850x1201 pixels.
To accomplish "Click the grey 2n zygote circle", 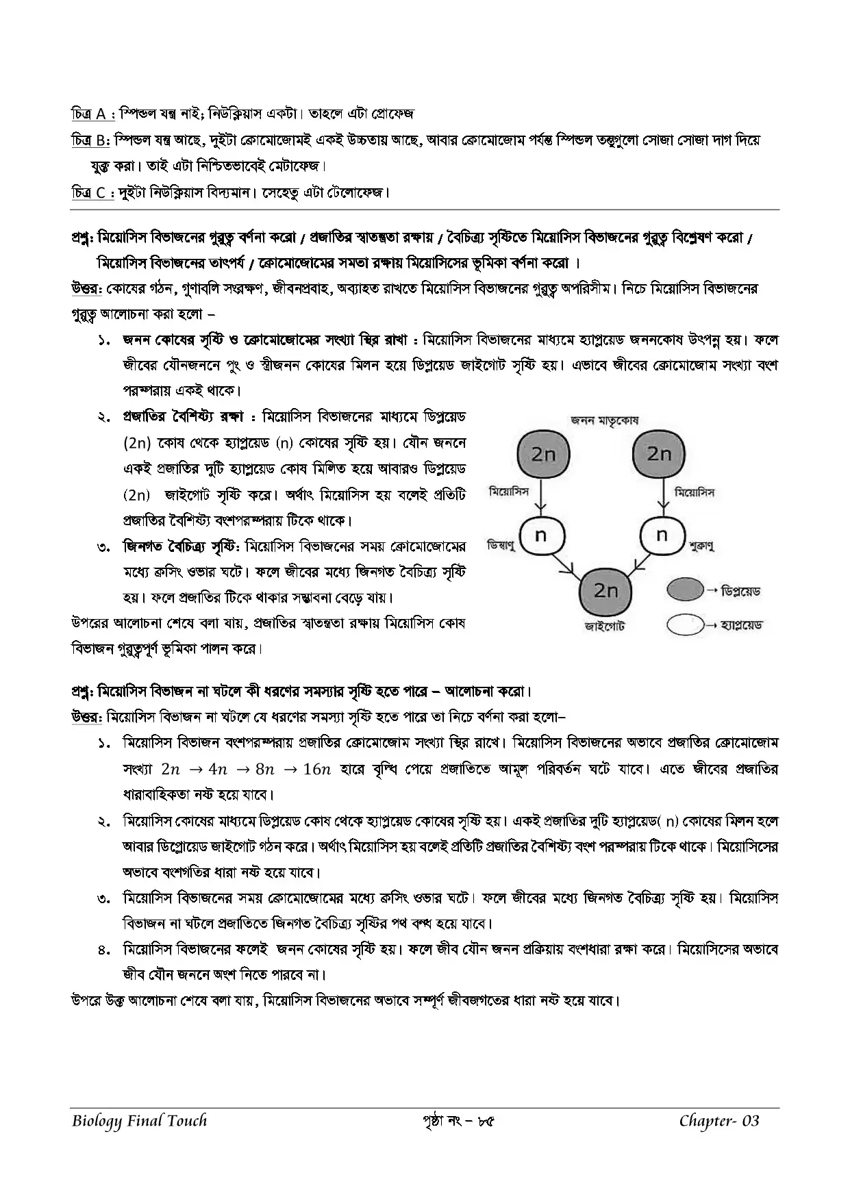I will tap(605, 590).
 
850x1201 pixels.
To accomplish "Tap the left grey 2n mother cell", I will tap(542, 454).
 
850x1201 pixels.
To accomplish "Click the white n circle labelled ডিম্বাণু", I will tap(541, 535).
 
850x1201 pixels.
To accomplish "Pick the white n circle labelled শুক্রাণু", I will tap(662, 535).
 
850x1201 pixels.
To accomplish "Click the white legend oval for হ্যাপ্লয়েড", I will tap(684, 624).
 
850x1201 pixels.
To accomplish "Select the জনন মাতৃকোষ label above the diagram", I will tap(604, 420).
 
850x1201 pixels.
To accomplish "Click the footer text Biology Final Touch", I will tap(139, 1121).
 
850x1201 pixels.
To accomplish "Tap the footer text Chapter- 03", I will tap(719, 1121).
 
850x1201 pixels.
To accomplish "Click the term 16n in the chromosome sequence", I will tap(316, 769).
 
